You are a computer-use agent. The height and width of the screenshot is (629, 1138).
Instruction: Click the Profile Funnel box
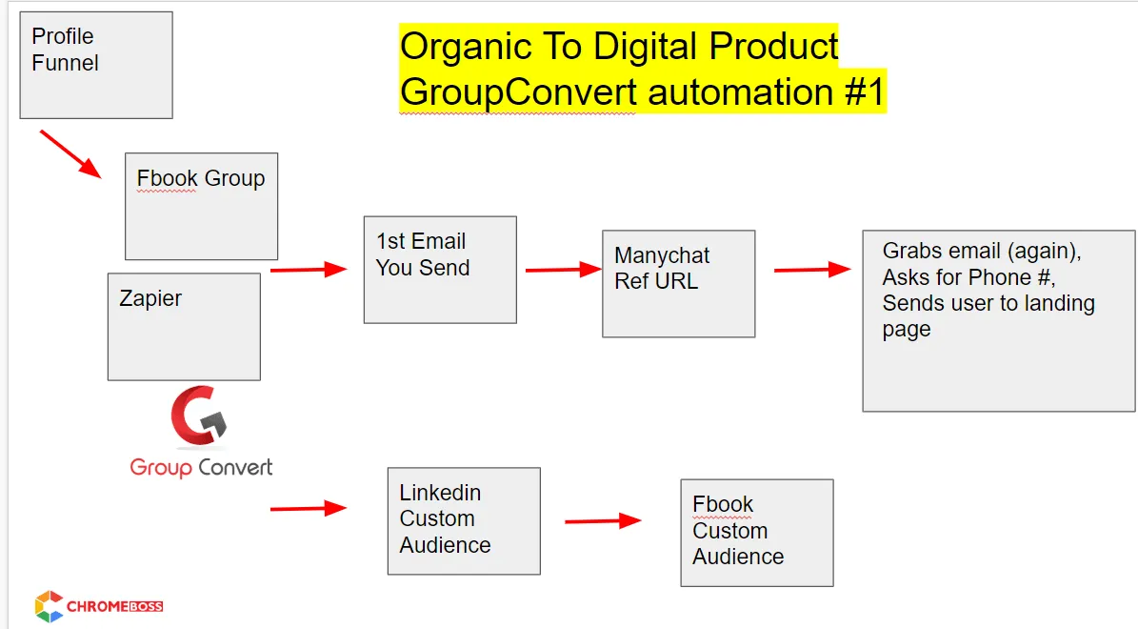click(x=96, y=65)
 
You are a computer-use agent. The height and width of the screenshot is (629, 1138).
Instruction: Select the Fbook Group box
click(x=201, y=206)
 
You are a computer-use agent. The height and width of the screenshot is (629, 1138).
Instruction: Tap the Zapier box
click(x=184, y=327)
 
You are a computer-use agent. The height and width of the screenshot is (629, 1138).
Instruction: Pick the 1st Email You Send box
click(x=440, y=270)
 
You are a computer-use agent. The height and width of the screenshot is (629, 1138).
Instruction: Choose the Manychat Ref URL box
click(x=679, y=284)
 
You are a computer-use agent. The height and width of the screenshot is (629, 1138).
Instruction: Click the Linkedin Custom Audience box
click(x=464, y=520)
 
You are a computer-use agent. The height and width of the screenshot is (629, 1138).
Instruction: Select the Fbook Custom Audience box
click(x=757, y=533)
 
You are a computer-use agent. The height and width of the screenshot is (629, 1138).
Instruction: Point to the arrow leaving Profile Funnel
click(x=70, y=154)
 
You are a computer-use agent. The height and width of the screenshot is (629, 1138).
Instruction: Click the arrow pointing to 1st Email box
click(x=309, y=270)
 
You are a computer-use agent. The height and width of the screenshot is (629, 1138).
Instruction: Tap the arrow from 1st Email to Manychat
click(x=564, y=270)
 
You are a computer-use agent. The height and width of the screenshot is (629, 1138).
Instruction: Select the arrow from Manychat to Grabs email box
click(x=813, y=270)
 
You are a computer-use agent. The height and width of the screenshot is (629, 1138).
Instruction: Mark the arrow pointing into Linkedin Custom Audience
click(x=309, y=508)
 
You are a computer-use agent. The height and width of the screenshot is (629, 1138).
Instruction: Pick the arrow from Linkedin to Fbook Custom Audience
click(x=603, y=520)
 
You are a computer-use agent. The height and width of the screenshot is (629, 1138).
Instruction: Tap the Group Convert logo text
click(x=201, y=467)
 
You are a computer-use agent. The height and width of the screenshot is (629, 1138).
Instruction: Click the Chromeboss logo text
click(x=114, y=606)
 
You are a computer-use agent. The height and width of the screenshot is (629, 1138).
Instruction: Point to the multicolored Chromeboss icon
click(x=49, y=606)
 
